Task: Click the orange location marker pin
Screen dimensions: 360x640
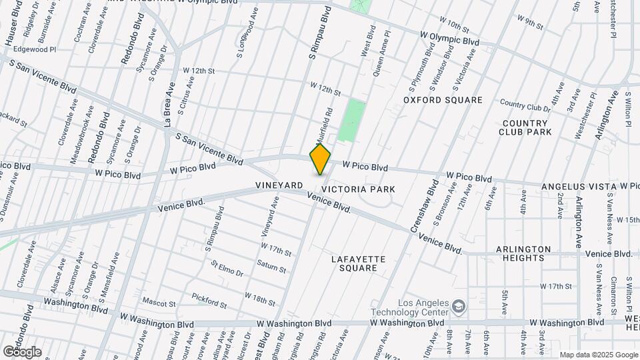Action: (x=320, y=159)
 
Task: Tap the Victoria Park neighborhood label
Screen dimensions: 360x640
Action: (x=367, y=189)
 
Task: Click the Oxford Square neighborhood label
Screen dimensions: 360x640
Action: (x=443, y=100)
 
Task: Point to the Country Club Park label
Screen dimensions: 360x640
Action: (x=527, y=127)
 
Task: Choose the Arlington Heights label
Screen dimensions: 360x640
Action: (x=524, y=253)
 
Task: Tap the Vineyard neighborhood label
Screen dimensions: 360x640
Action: (x=279, y=185)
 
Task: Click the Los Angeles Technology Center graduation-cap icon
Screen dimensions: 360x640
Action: (x=459, y=306)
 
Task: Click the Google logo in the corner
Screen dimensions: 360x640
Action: (x=22, y=351)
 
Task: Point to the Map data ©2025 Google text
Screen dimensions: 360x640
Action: (x=599, y=355)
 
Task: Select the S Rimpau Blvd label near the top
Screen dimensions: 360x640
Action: (x=321, y=35)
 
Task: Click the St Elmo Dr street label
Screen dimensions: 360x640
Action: (x=227, y=269)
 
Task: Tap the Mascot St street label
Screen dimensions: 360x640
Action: (x=158, y=303)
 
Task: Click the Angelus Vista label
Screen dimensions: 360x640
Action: (x=579, y=186)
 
